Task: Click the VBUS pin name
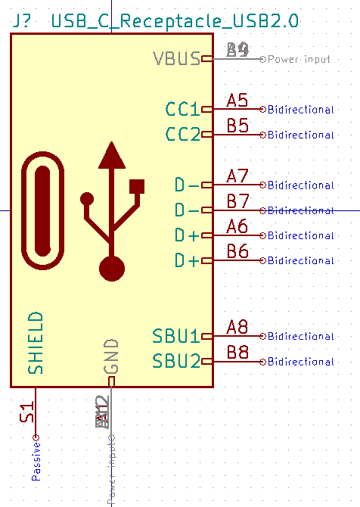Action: click(x=176, y=59)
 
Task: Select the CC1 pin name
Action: click(x=183, y=110)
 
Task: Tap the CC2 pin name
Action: click(x=183, y=135)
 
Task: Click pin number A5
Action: click(x=237, y=101)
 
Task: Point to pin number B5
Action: click(x=237, y=126)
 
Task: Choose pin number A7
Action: click(x=237, y=176)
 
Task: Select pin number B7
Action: click(x=237, y=201)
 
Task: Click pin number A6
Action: click(x=237, y=226)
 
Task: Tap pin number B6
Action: click(x=237, y=251)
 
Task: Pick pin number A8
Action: click(x=237, y=327)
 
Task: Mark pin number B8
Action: click(x=237, y=352)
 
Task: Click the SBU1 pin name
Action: click(x=176, y=336)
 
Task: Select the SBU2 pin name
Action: click(x=176, y=361)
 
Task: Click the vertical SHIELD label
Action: click(x=36, y=342)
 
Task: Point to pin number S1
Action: click(x=27, y=413)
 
